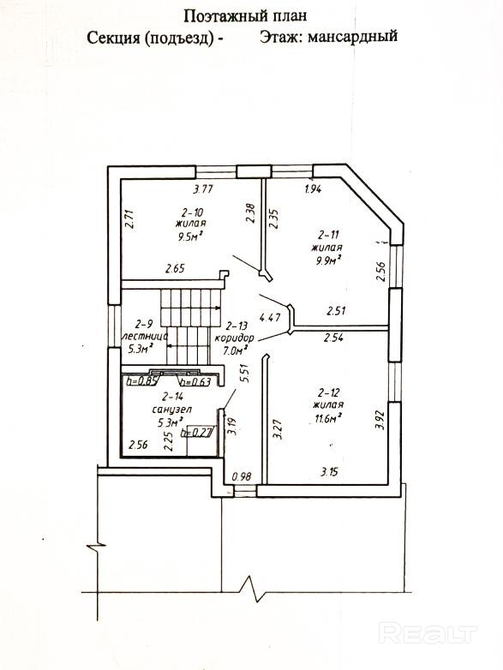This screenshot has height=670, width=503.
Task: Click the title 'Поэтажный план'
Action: click(x=245, y=16)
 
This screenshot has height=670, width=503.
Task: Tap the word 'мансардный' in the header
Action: click(x=352, y=36)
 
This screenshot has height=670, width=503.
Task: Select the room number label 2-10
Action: click(x=191, y=212)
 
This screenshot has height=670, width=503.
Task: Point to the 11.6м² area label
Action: click(x=328, y=417)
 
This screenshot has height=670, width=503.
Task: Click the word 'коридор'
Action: click(x=234, y=338)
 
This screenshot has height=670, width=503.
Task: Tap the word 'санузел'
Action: click(x=171, y=410)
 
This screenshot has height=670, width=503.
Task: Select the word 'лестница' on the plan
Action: click(x=144, y=336)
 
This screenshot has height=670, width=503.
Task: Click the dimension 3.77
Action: click(x=202, y=189)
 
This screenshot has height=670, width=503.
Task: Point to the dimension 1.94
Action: click(x=314, y=188)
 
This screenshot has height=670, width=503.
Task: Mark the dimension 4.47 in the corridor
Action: click(x=270, y=318)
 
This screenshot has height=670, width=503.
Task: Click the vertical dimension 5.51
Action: click(x=243, y=373)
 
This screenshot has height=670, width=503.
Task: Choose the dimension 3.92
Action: click(x=379, y=421)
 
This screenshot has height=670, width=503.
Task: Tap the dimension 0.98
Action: click(x=242, y=476)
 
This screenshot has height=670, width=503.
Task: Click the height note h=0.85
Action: click(x=141, y=380)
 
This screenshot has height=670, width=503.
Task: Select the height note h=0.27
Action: click(x=196, y=433)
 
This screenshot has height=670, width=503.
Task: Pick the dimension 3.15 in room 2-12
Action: click(x=330, y=472)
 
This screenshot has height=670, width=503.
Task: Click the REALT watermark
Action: click(x=428, y=634)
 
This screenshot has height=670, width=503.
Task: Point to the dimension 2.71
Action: click(x=131, y=218)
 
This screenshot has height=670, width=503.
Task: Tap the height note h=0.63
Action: click(x=195, y=381)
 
